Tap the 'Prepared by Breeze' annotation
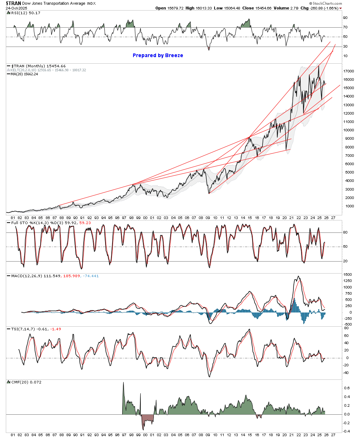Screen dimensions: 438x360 pyautogui.click(x=158, y=55)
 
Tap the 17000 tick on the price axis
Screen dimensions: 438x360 pyautogui.click(x=349, y=71)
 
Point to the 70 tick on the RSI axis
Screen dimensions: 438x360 pyautogui.click(x=345, y=27)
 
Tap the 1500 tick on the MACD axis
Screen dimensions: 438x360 pyautogui.click(x=348, y=274)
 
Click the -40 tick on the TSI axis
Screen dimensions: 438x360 pyautogui.click(x=346, y=373)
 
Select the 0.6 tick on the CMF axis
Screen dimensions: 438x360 pyautogui.click(x=347, y=388)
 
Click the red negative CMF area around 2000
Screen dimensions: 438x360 pyautogui.click(x=147, y=419)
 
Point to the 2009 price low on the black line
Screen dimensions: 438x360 pyautogui.click(x=209, y=193)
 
